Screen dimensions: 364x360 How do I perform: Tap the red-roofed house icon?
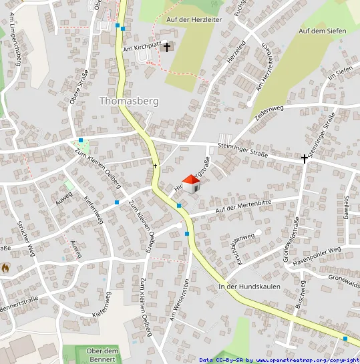pyautogui.click(x=190, y=184)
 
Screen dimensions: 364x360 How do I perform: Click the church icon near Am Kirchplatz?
pyautogui.click(x=167, y=47)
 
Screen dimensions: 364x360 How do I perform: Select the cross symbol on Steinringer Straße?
pyautogui.click(x=305, y=159)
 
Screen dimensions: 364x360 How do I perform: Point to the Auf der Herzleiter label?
pyautogui.click(x=194, y=21)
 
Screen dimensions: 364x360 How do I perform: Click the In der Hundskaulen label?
pyautogui.click(x=249, y=287)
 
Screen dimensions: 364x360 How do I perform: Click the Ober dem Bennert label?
pyautogui.click(x=102, y=355)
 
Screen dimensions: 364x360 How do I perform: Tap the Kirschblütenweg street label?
pyautogui.click(x=244, y=248)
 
